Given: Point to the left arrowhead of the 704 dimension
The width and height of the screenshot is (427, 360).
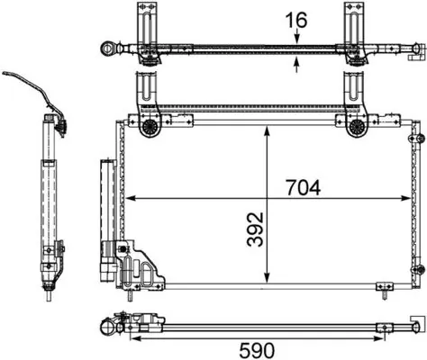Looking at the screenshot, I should (127, 196).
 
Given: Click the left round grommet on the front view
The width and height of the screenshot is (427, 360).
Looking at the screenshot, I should (149, 128).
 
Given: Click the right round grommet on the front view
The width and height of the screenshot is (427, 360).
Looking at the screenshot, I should (356, 128).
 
